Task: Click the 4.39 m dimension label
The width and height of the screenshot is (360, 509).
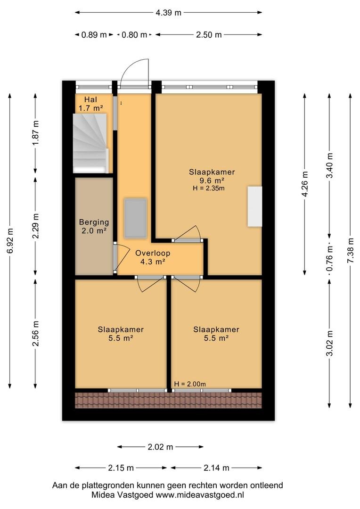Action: point(169,13)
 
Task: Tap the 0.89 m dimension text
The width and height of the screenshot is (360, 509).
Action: point(94,34)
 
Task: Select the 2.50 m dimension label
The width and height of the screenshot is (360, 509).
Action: point(209,34)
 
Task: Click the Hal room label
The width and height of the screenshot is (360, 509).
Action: point(90,99)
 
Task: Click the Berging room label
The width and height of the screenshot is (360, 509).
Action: point(94,222)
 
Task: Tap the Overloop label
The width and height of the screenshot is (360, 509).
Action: point(153,253)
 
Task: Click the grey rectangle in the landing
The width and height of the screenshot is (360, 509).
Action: point(135,218)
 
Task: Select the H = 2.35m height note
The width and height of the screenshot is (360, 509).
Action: point(208,188)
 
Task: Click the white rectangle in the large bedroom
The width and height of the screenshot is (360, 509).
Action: point(255,206)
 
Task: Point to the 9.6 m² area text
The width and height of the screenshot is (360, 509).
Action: point(212,181)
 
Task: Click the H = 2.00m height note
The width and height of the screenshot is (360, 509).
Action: point(190,384)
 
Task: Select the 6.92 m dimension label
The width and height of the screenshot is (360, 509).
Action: point(10,240)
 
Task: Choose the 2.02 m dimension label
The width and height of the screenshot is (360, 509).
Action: point(160,447)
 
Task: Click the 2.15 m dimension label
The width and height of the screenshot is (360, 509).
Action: point(121,468)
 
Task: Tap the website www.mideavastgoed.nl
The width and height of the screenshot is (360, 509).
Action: point(200,495)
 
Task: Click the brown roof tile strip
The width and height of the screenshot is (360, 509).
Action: point(169,400)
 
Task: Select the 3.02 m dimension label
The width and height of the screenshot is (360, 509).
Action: point(329,343)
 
